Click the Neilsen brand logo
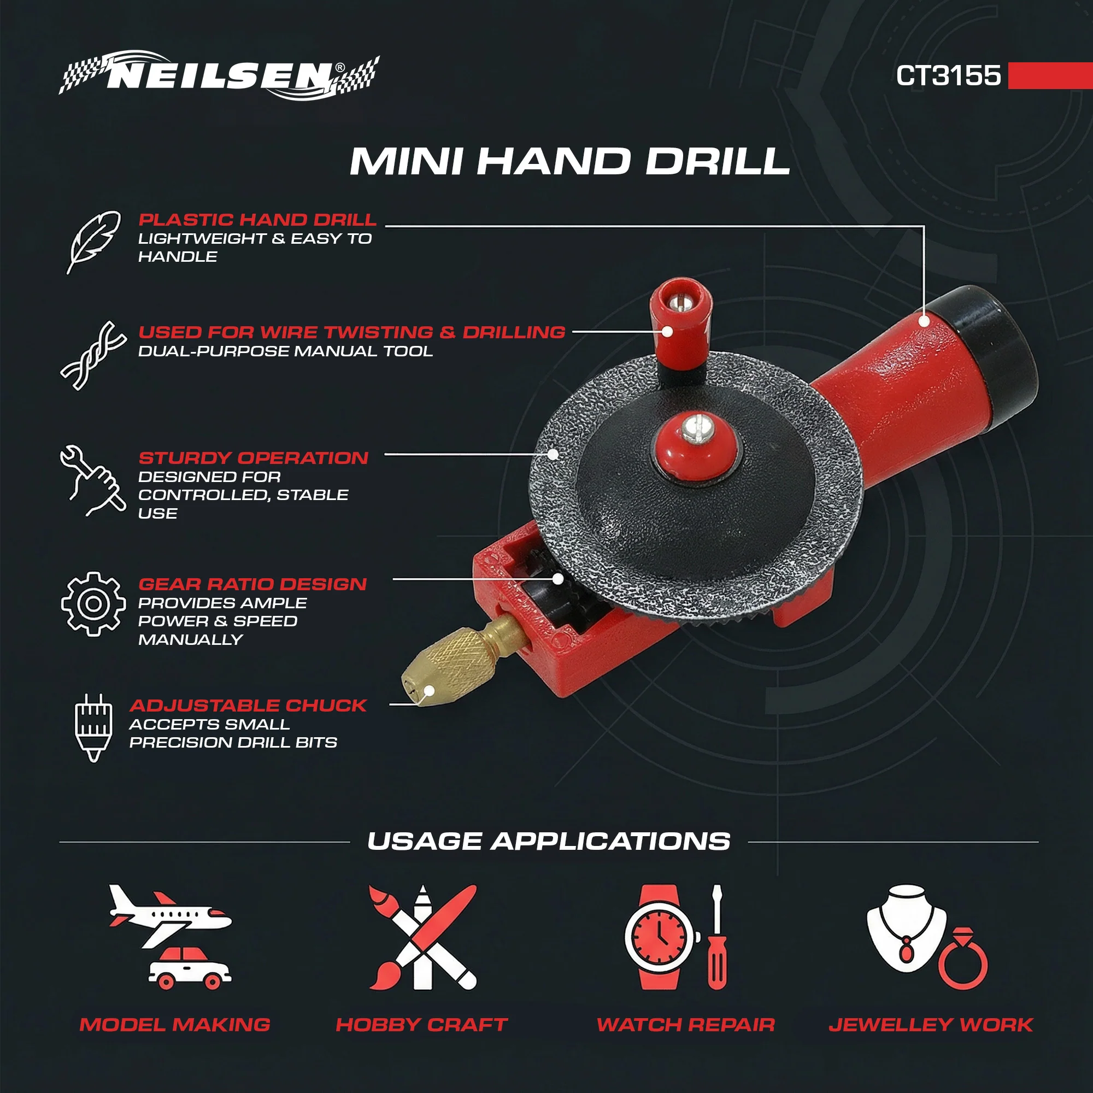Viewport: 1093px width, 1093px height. point(219,76)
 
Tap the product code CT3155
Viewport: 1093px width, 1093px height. point(948,75)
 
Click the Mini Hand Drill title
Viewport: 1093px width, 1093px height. point(569,161)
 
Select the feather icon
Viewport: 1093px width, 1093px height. point(93,242)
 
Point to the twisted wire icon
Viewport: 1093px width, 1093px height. point(93,355)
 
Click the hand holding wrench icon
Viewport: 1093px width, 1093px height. point(93,480)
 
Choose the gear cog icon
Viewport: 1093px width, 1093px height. point(93,604)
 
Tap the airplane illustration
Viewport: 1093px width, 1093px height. point(169,915)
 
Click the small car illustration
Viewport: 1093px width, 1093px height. point(190,968)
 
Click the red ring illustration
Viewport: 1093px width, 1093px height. point(963,959)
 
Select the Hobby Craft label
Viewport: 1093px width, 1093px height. point(421,1025)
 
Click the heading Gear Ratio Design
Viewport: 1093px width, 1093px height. point(253,584)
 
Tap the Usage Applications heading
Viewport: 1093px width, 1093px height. point(549,841)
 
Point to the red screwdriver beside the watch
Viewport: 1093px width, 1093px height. point(717,937)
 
